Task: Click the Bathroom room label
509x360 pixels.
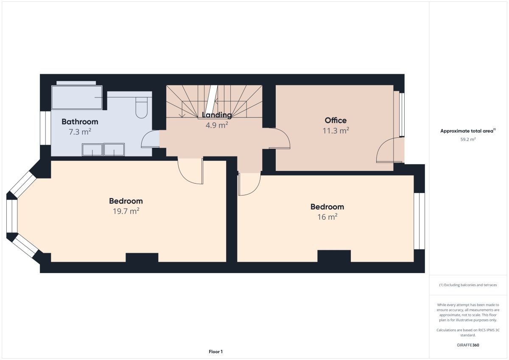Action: [80, 122]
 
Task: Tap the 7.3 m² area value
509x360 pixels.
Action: [80, 132]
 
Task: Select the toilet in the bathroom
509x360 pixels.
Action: [141, 108]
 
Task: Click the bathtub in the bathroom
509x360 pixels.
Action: [77, 98]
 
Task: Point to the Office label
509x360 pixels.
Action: [336, 120]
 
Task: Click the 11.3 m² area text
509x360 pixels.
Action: [336, 131]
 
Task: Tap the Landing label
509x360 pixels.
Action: [217, 115]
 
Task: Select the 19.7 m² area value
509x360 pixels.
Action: [126, 211]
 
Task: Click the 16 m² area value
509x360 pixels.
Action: [327, 217]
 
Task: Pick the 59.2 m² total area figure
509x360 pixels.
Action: [468, 140]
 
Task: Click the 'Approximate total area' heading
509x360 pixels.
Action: [468, 131]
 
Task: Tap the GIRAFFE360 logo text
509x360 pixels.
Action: [468, 345]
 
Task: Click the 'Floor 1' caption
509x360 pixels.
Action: [215, 352]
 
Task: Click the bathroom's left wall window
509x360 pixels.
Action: [45, 128]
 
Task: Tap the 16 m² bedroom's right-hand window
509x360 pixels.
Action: [419, 221]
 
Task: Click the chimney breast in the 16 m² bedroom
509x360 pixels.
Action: [334, 256]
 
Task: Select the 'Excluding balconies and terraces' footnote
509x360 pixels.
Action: [468, 285]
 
